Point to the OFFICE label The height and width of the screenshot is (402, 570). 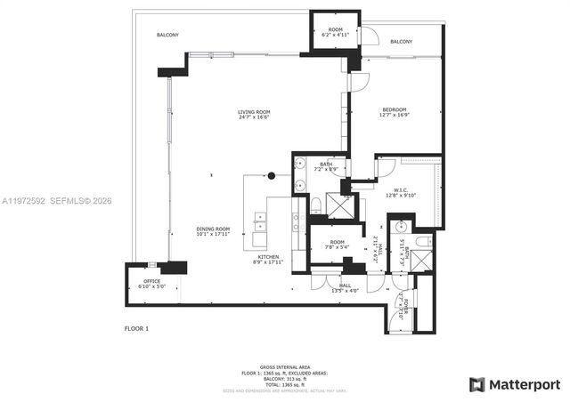point(152,281)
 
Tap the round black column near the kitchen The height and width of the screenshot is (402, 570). point(272,175)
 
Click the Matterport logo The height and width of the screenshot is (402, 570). point(516,384)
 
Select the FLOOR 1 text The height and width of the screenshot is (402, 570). point(136,329)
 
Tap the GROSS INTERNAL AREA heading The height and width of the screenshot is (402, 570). point(285,366)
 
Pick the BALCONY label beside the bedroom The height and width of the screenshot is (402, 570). point(401,42)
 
